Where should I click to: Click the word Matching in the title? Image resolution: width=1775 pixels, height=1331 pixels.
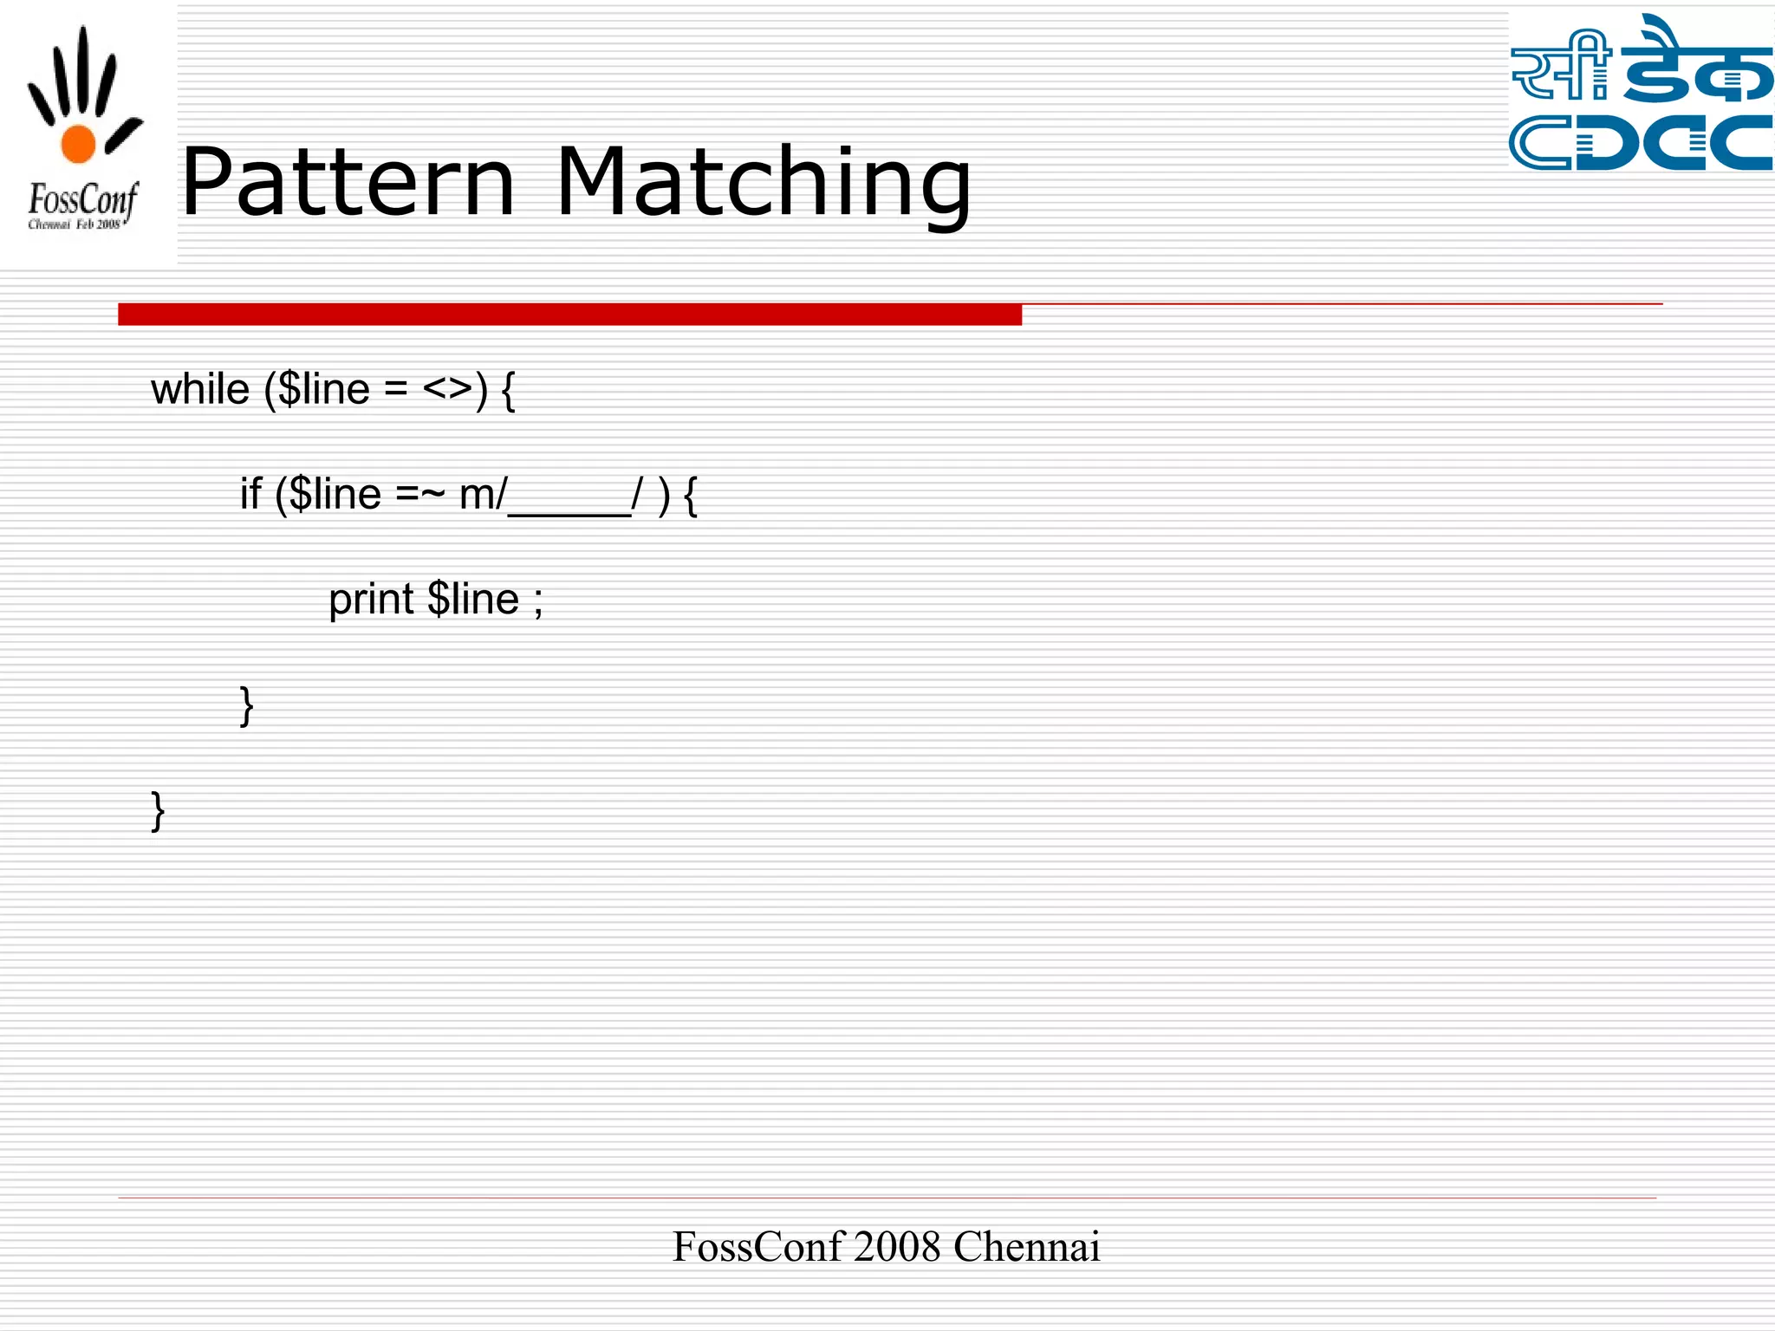(763, 184)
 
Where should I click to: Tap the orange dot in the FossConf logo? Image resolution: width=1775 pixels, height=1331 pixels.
(78, 144)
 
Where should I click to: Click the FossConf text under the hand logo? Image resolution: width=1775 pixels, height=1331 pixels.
(82, 201)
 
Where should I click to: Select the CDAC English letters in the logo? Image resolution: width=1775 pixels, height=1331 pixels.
(1640, 142)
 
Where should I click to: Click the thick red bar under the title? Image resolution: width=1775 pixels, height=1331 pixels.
(569, 315)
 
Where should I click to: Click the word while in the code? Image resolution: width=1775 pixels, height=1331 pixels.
(200, 389)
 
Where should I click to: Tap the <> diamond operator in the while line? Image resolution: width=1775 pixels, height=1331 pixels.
(447, 389)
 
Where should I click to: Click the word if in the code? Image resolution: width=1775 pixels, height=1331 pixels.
(250, 495)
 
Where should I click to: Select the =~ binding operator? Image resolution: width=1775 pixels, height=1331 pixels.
(420, 495)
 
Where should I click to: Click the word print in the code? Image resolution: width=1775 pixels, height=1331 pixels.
(371, 600)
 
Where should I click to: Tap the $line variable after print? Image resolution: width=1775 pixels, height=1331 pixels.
(473, 600)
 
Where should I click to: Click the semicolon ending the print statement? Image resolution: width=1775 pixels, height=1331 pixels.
(538, 602)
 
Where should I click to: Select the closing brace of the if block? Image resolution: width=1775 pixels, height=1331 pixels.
(247, 705)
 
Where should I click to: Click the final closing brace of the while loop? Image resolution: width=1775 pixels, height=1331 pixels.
(158, 811)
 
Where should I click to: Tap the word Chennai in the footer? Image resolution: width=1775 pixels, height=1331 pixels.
(1026, 1247)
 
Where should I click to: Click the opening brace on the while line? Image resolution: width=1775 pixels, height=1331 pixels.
(509, 392)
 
